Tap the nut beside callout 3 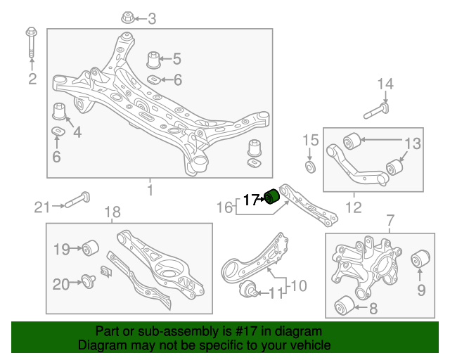point(127,17)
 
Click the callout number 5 point(176,58)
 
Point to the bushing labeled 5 point(155,59)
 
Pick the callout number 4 point(77,131)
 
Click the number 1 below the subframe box point(150,189)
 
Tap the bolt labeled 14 point(379,110)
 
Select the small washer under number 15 point(309,167)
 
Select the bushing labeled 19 point(90,247)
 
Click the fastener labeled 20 point(89,283)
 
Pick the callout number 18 point(112,212)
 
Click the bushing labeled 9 point(420,259)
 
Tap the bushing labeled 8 point(343,306)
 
